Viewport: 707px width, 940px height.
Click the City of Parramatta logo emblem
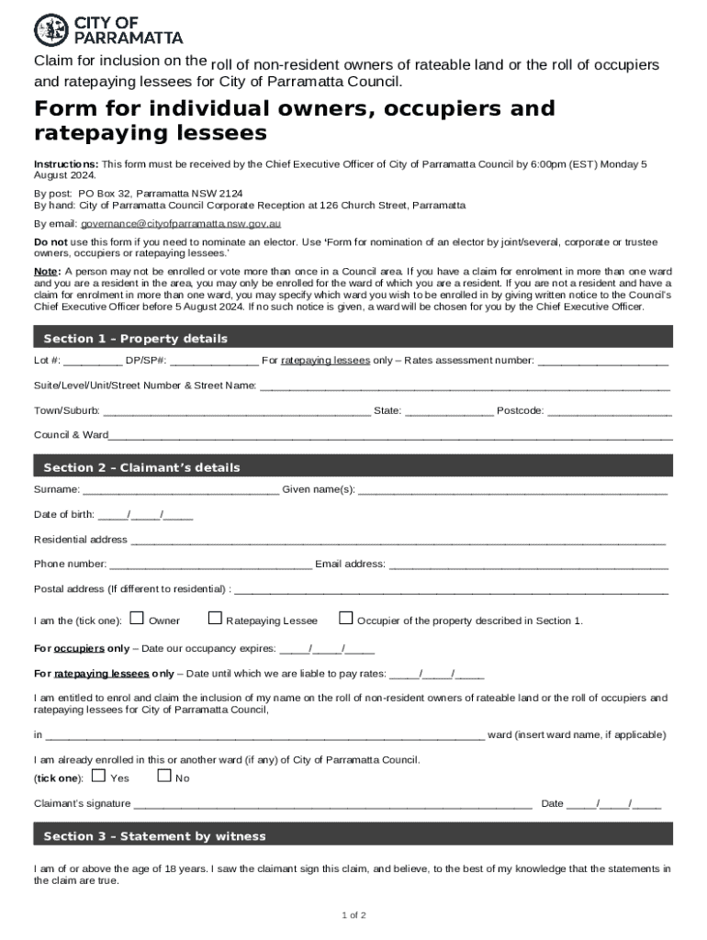[x=51, y=30]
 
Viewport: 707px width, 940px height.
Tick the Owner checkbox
[x=137, y=618]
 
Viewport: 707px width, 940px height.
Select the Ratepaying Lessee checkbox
[x=216, y=618]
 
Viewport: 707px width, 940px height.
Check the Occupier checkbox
[x=346, y=618]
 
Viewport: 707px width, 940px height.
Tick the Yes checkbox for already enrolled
[x=99, y=776]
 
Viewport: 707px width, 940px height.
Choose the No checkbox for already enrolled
[x=164, y=776]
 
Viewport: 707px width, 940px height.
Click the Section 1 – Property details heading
[x=135, y=339]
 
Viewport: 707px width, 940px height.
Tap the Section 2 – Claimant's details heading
[x=141, y=467]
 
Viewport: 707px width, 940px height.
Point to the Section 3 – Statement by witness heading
[x=154, y=836]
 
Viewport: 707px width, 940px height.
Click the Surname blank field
[x=181, y=490]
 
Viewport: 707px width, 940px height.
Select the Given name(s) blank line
[x=512, y=490]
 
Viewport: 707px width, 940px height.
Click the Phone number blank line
[x=210, y=565]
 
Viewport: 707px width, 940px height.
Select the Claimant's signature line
[x=332, y=805]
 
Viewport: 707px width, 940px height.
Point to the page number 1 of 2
[x=353, y=915]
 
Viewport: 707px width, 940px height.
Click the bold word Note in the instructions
[x=47, y=272]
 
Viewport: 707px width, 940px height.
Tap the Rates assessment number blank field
[x=602, y=362]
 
